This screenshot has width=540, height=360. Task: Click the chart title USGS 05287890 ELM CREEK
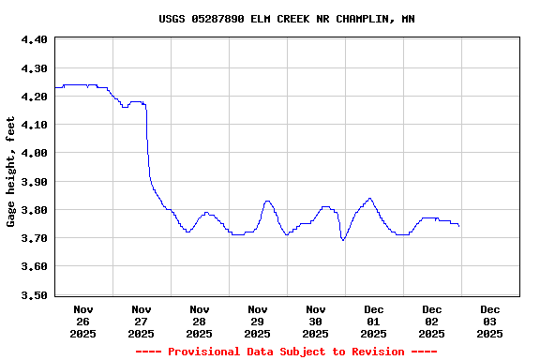[x=287, y=19]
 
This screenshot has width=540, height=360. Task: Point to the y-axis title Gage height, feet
[x=11, y=172]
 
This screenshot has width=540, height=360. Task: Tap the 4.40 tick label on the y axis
[x=34, y=40]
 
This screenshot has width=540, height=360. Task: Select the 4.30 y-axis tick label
[x=34, y=68]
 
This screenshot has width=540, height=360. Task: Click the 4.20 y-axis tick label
[x=34, y=97]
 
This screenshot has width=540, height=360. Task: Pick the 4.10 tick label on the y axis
[x=34, y=125]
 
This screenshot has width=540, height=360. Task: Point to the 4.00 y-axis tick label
[x=34, y=153]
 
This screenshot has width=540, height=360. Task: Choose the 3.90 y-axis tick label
[x=34, y=182]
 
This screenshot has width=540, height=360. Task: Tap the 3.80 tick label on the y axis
[x=34, y=210]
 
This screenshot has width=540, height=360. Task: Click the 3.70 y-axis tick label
[x=34, y=238]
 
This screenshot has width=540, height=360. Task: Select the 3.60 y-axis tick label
[x=34, y=266]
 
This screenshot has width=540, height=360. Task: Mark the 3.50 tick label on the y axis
[x=34, y=295]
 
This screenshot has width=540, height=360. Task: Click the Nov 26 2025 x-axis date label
[x=83, y=321]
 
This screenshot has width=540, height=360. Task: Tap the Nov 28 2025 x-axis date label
[x=200, y=321]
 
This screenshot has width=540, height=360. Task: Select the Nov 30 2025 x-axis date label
[x=316, y=321]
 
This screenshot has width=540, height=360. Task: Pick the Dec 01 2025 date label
[x=374, y=321]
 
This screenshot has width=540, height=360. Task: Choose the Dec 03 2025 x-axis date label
[x=490, y=321]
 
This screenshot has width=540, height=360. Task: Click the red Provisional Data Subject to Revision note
[x=287, y=352]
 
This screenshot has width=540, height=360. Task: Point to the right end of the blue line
[x=458, y=226]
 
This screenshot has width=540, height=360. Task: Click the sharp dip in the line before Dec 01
[x=343, y=240]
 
